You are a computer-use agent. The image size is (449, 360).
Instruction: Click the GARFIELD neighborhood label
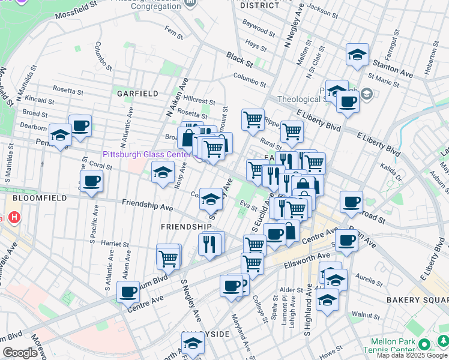pyautogui.click(x=137, y=94)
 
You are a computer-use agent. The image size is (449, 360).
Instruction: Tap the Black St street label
pyautogui.click(x=239, y=58)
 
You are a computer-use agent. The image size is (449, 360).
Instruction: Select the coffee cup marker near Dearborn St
pyautogui.click(x=80, y=126)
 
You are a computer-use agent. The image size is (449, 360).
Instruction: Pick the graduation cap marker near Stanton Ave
pyautogui.click(x=357, y=55)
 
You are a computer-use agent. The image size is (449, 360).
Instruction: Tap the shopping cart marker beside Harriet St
pyautogui.click(x=169, y=257)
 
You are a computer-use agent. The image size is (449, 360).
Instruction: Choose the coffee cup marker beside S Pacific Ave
pyautogui.click(x=91, y=181)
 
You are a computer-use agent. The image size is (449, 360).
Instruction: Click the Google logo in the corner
pyautogui.click(x=20, y=353)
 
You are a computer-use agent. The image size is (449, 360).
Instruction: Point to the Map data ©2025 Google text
pyautogui.click(x=411, y=355)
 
